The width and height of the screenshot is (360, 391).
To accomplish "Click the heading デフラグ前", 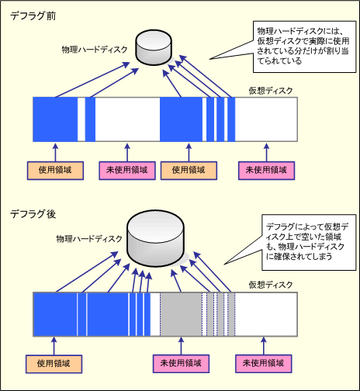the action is point(33,16).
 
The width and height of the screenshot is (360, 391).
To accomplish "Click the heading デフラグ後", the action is point(33,214).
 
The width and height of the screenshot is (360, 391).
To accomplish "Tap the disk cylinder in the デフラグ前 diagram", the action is point(154,47).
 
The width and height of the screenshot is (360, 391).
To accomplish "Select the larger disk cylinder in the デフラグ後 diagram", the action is point(155,238).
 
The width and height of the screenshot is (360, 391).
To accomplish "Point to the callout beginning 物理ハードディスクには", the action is point(304,47).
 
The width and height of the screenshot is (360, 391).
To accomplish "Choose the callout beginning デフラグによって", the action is point(309,242).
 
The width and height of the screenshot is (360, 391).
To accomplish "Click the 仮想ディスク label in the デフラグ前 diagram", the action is point(271,91).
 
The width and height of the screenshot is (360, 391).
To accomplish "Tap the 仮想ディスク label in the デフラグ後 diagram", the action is point(271,285).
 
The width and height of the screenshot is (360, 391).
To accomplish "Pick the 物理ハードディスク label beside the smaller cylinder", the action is point(95,50).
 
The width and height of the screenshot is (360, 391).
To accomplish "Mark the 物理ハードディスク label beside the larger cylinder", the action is point(89,239).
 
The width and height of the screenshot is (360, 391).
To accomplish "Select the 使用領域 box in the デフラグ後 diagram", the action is point(54,364).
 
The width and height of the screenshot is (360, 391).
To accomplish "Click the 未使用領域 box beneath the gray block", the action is point(181,364).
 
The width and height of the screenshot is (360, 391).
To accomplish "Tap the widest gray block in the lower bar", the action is point(181,314).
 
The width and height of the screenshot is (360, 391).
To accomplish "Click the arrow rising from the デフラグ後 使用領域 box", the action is point(54,346).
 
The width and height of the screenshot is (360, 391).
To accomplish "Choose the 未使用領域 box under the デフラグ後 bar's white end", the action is point(264,364).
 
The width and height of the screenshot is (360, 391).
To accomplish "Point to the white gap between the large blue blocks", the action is point(127,119).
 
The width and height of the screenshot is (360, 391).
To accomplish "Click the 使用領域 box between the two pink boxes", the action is point(189,171).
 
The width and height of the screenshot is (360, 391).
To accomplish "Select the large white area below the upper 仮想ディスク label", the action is point(266,119).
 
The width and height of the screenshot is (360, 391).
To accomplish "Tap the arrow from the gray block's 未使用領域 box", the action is point(181,346).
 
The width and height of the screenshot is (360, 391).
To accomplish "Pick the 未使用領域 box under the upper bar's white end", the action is point(266,171).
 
